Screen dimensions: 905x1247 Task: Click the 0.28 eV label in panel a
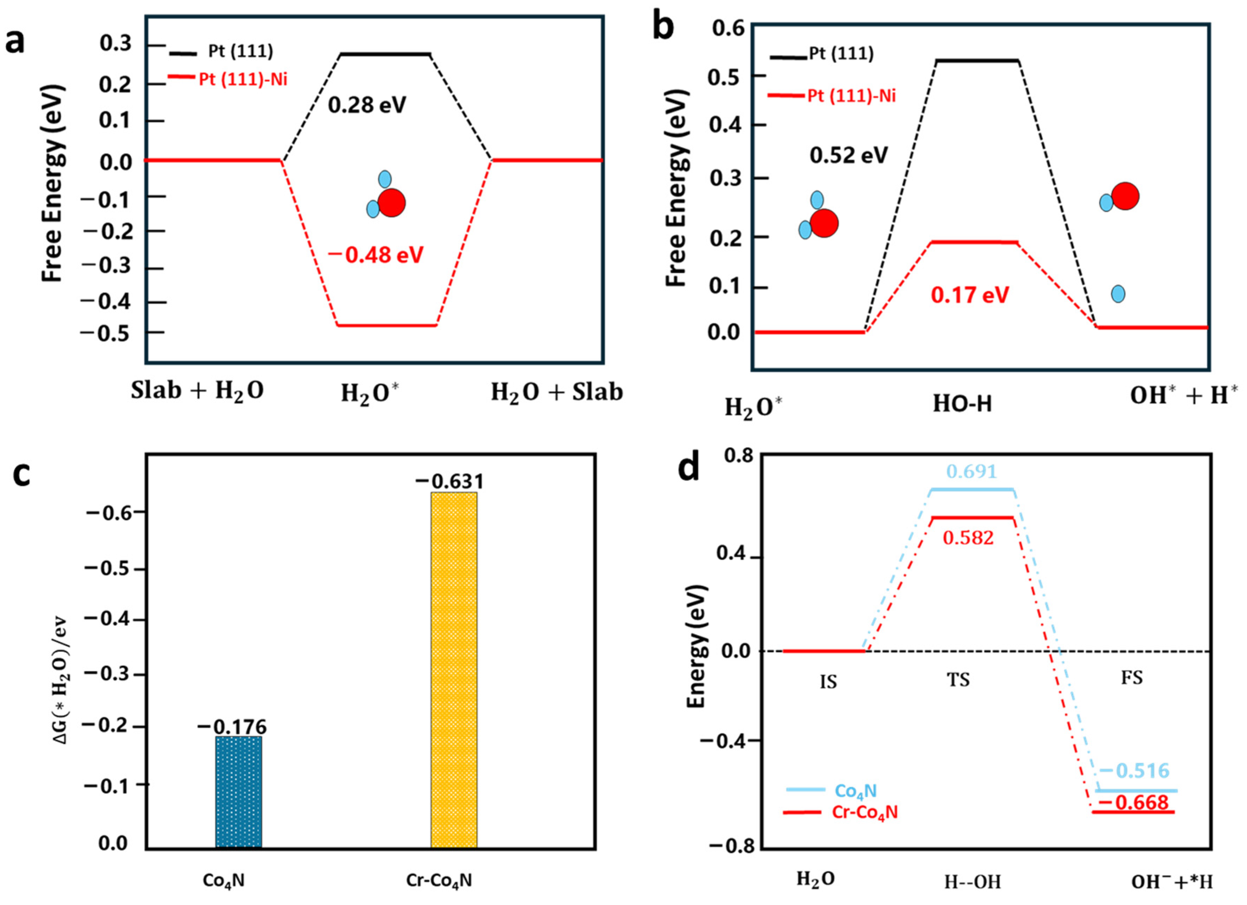[367, 104]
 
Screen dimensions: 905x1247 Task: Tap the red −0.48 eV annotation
[376, 255]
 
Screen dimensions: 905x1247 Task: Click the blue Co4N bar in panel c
[239, 792]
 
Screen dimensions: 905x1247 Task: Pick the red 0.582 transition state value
[968, 538]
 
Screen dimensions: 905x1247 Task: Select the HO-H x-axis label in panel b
[962, 404]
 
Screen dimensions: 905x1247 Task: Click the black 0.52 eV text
[848, 156]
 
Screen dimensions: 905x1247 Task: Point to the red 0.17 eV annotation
[970, 295]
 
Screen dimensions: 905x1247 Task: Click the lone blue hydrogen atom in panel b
[1118, 294]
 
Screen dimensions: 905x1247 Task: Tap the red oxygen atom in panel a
[392, 203]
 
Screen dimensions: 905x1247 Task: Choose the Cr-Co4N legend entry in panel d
[864, 812]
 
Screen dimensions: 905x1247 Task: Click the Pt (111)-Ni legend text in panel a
[243, 80]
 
